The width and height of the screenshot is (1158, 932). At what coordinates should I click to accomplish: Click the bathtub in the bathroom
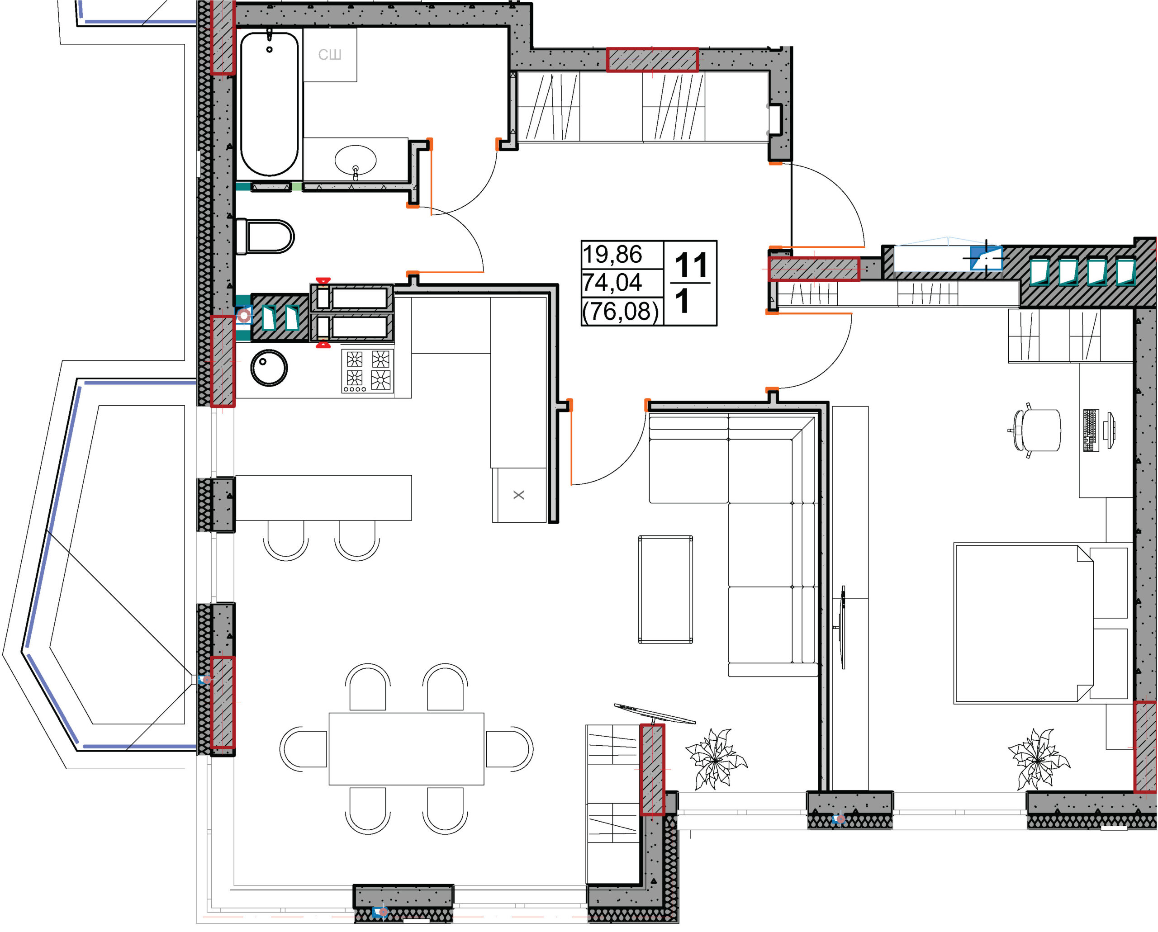click(x=269, y=104)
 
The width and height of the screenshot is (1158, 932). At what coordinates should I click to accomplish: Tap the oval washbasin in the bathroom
click(x=355, y=160)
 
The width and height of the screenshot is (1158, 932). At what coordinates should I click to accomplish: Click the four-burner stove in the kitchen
click(x=367, y=371)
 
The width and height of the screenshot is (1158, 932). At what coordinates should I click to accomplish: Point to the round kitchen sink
click(x=269, y=368)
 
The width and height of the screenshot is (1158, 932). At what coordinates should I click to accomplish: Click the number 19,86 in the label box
click(x=612, y=255)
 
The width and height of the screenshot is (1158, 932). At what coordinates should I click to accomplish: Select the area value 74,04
click(x=612, y=282)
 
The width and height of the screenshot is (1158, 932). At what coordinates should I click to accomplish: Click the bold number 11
click(x=691, y=265)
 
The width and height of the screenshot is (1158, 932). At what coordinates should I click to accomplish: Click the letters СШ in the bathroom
click(x=330, y=55)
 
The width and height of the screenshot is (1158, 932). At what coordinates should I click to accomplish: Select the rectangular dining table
click(x=406, y=748)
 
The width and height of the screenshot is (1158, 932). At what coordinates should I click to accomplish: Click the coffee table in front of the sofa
click(x=665, y=589)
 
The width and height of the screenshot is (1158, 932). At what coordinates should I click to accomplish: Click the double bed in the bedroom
click(x=1041, y=623)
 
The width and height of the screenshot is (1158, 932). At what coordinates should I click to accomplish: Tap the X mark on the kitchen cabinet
click(x=519, y=494)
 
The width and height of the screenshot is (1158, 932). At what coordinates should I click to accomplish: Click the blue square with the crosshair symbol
click(x=986, y=258)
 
